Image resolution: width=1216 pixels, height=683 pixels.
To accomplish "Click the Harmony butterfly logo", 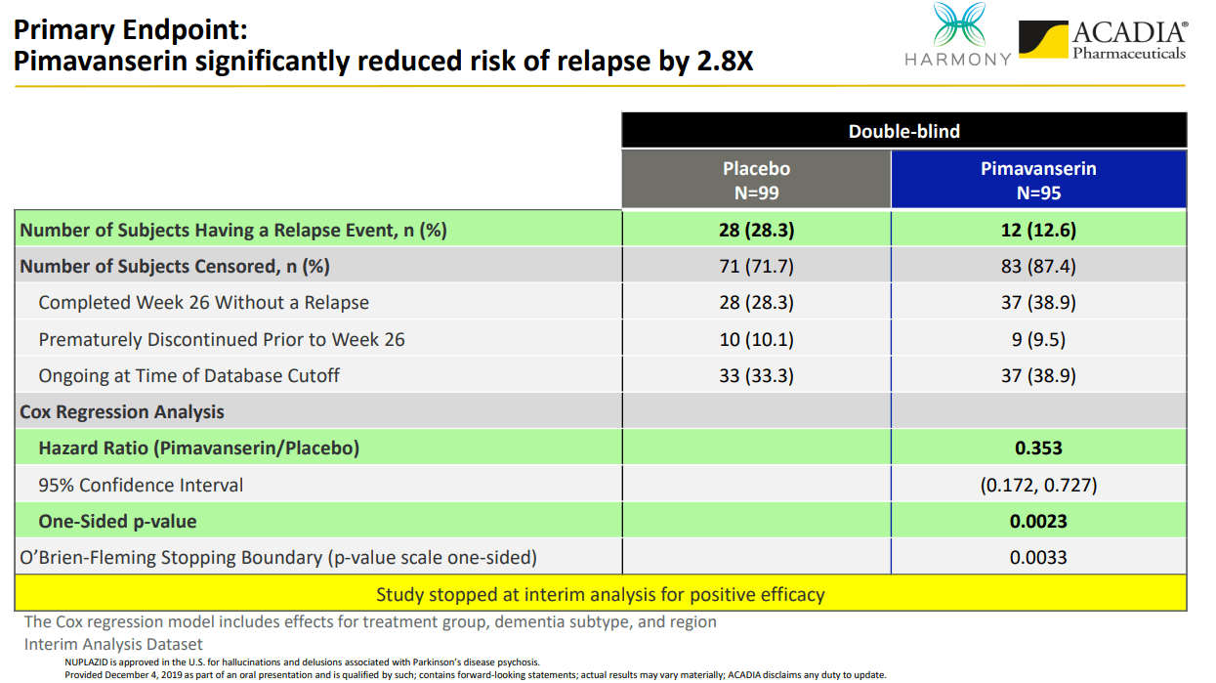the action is pyautogui.click(x=959, y=24).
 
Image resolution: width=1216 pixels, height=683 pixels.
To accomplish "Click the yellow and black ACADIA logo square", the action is pyautogui.click(x=1043, y=39).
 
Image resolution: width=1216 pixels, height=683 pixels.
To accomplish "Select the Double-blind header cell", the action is pyautogui.click(x=903, y=131).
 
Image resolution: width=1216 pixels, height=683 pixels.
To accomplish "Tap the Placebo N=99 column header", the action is pyautogui.click(x=756, y=180).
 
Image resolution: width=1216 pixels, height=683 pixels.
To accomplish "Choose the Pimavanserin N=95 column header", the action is pyautogui.click(x=1038, y=180).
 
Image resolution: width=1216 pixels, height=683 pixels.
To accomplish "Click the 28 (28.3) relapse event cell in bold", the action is pyautogui.click(x=756, y=231).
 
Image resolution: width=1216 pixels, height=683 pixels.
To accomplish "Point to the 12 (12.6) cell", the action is pyautogui.click(x=1038, y=231).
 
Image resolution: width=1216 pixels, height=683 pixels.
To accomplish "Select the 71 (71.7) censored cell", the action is pyautogui.click(x=756, y=267).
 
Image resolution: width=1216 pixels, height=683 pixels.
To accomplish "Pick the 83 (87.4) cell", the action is pyautogui.click(x=1038, y=267).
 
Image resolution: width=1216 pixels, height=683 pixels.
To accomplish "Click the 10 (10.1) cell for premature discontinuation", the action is pyautogui.click(x=756, y=340).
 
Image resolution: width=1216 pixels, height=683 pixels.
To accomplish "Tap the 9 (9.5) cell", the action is pyautogui.click(x=1038, y=340).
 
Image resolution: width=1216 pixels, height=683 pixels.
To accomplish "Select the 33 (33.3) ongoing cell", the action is pyautogui.click(x=756, y=376).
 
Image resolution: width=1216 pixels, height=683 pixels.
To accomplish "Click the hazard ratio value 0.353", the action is pyautogui.click(x=1038, y=448).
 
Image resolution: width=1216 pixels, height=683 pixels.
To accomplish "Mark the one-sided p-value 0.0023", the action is pyautogui.click(x=1038, y=522).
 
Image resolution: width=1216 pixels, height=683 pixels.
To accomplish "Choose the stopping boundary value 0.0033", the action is pyautogui.click(x=1038, y=558).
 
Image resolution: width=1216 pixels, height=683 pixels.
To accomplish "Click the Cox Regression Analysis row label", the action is pyautogui.click(x=122, y=412).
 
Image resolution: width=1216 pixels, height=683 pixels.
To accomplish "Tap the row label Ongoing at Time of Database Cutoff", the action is pyautogui.click(x=189, y=376).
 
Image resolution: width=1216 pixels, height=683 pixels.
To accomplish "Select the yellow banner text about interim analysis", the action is pyautogui.click(x=601, y=595).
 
